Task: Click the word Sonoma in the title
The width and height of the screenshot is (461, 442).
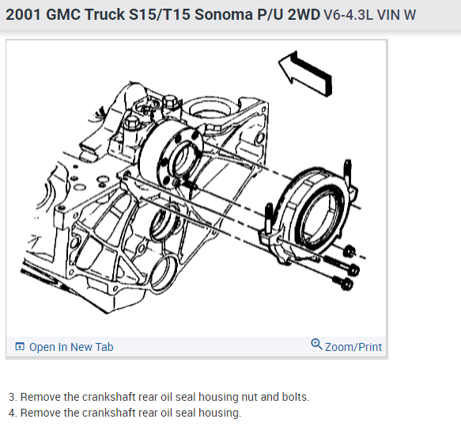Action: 224,14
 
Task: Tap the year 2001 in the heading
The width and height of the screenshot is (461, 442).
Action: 23,14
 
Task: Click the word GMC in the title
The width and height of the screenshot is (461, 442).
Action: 63,14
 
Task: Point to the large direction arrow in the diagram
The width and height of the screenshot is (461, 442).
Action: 306,74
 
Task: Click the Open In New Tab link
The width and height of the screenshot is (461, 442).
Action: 71,347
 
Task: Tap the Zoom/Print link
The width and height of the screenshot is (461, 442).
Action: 353,347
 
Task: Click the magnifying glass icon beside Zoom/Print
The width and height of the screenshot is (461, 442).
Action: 316,345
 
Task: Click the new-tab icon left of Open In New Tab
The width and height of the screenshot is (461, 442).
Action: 20,347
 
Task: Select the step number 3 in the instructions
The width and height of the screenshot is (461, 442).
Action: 12,397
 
